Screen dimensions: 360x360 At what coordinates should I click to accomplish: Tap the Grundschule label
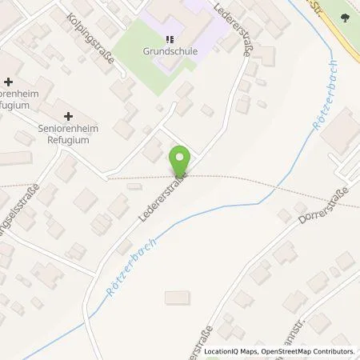pos(169,54)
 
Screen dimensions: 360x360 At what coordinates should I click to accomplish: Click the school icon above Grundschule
pos(169,39)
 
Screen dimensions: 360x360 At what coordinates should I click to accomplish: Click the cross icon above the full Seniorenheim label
pos(67,117)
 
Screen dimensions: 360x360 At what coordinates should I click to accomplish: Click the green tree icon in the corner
pos(345,18)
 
